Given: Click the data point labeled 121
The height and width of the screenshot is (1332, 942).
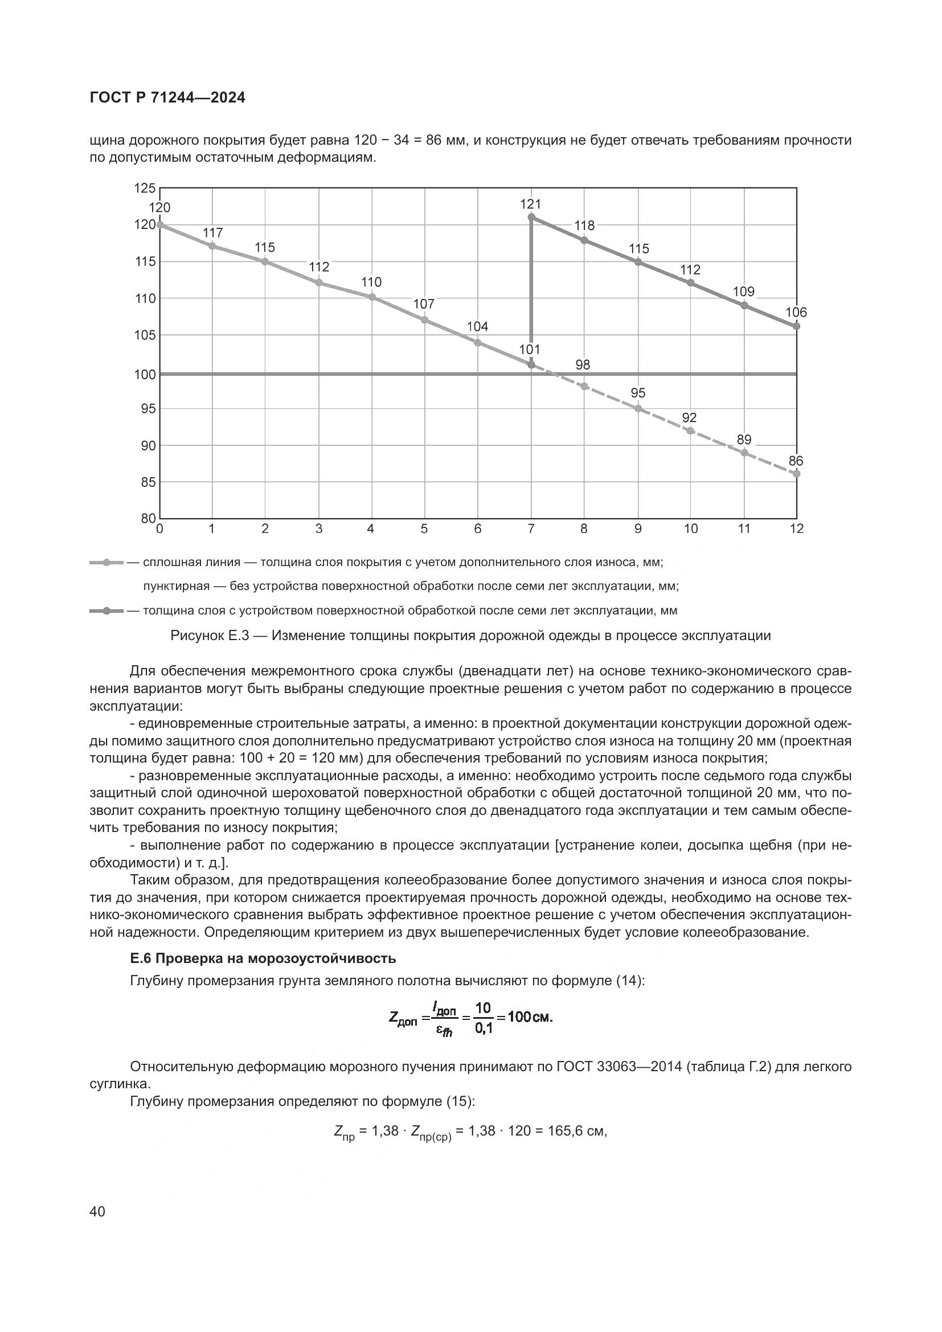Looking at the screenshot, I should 531,218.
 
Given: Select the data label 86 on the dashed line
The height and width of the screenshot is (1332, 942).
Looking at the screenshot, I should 796,461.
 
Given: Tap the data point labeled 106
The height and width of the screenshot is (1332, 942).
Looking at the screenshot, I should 796,326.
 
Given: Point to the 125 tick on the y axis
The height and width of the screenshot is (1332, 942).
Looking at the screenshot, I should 145,188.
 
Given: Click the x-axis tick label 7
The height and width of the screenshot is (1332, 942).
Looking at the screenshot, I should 531,528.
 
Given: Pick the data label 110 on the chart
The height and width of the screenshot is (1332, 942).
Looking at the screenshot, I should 371,282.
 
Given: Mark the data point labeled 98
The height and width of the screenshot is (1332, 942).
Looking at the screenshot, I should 584,386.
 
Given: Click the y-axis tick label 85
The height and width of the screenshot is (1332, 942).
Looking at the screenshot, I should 149,482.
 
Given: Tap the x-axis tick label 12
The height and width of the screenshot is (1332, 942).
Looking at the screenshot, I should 796,528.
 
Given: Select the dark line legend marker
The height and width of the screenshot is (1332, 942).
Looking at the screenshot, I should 106,611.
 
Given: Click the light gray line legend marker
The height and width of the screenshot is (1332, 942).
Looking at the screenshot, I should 106,562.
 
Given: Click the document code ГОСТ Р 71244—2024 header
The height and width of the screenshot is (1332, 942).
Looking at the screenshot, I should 167,98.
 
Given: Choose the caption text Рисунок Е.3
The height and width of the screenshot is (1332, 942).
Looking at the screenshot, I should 210,636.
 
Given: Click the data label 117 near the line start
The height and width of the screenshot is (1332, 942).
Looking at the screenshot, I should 213,233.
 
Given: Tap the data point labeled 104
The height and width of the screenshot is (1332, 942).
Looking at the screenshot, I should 478,343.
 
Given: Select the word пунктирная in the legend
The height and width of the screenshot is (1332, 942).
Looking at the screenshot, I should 176,586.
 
